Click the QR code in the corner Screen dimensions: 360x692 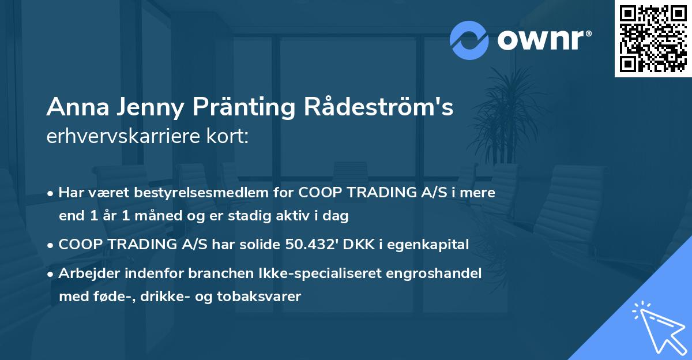pyautogui.click(x=653, y=39)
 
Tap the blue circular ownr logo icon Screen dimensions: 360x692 pyautogui.click(x=469, y=40)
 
